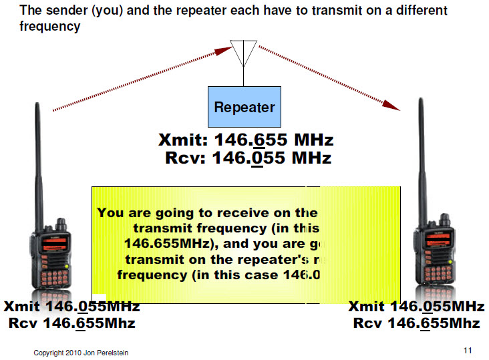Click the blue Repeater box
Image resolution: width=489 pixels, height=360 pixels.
pos(244,107)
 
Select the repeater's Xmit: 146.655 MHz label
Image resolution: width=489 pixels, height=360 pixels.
pos(246,141)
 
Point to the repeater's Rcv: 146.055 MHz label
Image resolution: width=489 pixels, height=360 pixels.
pos(248,158)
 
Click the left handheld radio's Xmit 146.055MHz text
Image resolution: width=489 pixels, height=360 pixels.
pos(72,307)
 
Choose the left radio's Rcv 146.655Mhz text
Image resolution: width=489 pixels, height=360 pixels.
pos(72,323)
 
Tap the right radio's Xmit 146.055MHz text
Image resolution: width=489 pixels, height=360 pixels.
pos(416,307)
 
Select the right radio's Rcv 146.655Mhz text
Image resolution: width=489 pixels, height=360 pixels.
pos(416,323)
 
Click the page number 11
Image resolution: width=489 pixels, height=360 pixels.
pos(468,350)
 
